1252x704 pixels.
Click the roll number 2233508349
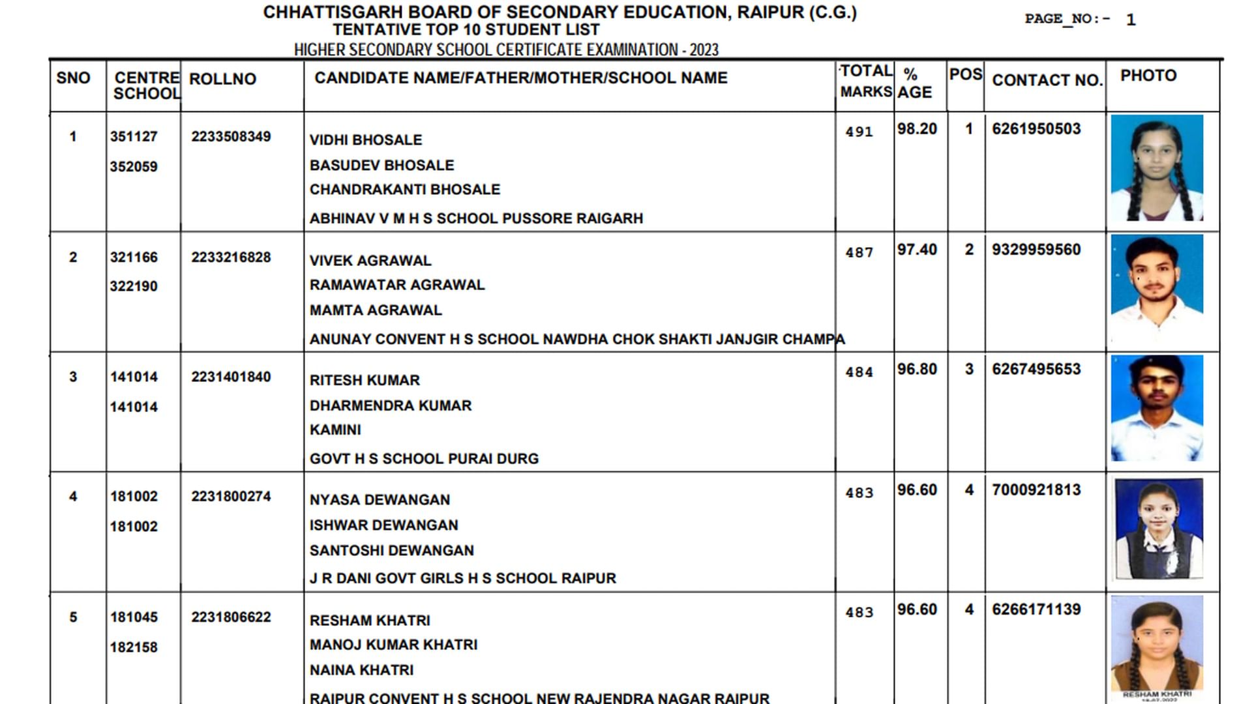point(231,137)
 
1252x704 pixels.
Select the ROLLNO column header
point(222,79)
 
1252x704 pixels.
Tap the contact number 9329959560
point(1036,250)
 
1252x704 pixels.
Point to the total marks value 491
point(859,132)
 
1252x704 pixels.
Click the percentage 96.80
point(917,370)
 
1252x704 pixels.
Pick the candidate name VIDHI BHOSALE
point(366,140)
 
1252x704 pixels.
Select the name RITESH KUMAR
point(365,380)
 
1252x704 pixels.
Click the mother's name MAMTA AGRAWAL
point(376,310)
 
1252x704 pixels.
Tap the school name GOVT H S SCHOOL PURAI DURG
point(424,459)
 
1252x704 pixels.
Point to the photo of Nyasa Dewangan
point(1158,528)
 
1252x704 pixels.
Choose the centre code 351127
point(134,137)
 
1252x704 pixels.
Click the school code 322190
point(134,286)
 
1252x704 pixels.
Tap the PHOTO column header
point(1148,76)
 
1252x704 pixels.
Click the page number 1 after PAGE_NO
point(1131,20)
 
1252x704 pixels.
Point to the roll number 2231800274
point(231,497)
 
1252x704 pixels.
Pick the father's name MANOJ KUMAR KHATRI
point(393,645)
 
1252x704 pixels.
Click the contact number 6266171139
point(1036,609)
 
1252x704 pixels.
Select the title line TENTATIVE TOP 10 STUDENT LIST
point(466,30)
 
